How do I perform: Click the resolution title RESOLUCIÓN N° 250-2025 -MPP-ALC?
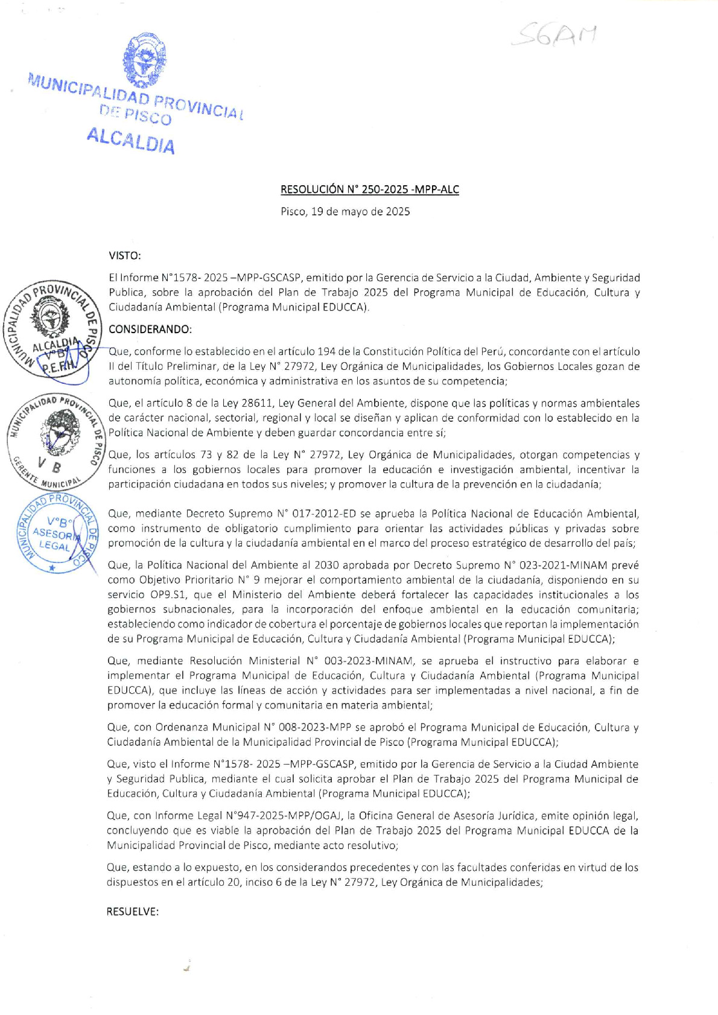click(369, 189)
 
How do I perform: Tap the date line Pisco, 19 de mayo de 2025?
click(345, 212)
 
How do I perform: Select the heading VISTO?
click(124, 255)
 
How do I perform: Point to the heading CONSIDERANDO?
click(150, 329)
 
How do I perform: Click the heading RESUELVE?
click(132, 911)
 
